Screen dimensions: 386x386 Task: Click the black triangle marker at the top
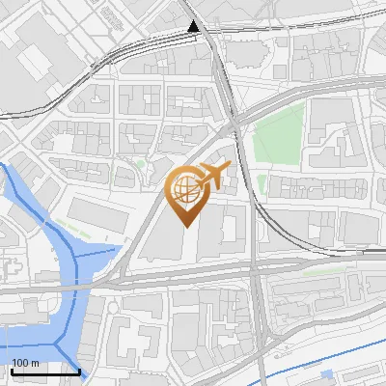(x=194, y=27)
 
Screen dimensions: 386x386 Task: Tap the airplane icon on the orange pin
(x=212, y=178)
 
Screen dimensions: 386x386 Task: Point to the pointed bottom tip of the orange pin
(x=185, y=227)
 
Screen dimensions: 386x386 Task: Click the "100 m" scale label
(x=25, y=363)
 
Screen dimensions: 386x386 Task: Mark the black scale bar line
(x=45, y=372)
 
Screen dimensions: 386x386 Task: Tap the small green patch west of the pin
(x=141, y=165)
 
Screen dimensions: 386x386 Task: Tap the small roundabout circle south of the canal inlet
(x=114, y=308)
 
